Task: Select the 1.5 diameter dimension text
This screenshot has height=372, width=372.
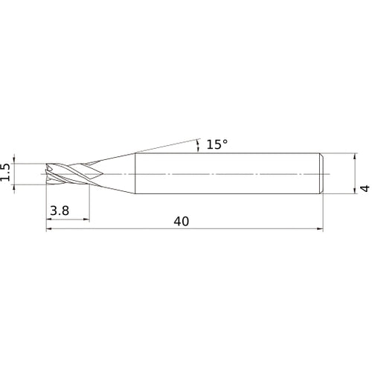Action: point(7,173)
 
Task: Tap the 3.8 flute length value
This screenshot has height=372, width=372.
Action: point(61,211)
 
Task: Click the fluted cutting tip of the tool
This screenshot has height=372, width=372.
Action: point(63,173)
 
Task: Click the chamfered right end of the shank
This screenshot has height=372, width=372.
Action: point(322,173)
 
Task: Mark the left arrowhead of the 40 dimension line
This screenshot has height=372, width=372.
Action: point(49,229)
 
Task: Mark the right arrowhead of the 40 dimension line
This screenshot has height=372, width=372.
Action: point(321,229)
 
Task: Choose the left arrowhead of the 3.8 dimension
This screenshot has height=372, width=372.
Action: point(49,219)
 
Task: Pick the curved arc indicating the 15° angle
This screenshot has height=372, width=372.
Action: point(198,144)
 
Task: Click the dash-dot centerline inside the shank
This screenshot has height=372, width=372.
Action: point(223,173)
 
